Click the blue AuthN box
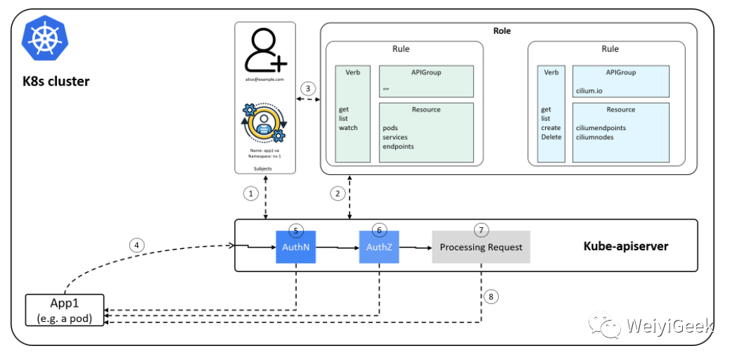pyautogui.click(x=296, y=247)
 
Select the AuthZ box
pyautogui.click(x=379, y=247)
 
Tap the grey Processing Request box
pyautogui.click(x=481, y=247)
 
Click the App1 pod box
pyautogui.click(x=64, y=310)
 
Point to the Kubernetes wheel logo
pyautogui.click(x=44, y=39)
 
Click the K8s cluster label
pyautogui.click(x=56, y=82)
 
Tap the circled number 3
pyautogui.click(x=307, y=89)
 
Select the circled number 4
pyautogui.click(x=138, y=245)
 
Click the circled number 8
pyautogui.click(x=492, y=297)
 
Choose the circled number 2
pyautogui.click(x=338, y=193)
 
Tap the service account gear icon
pyautogui.click(x=264, y=124)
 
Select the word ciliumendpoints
pyautogui.click(x=600, y=128)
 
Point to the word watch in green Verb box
pyautogui.click(x=349, y=128)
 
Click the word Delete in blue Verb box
pyautogui.click(x=551, y=137)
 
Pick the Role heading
pyautogui.click(x=502, y=31)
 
